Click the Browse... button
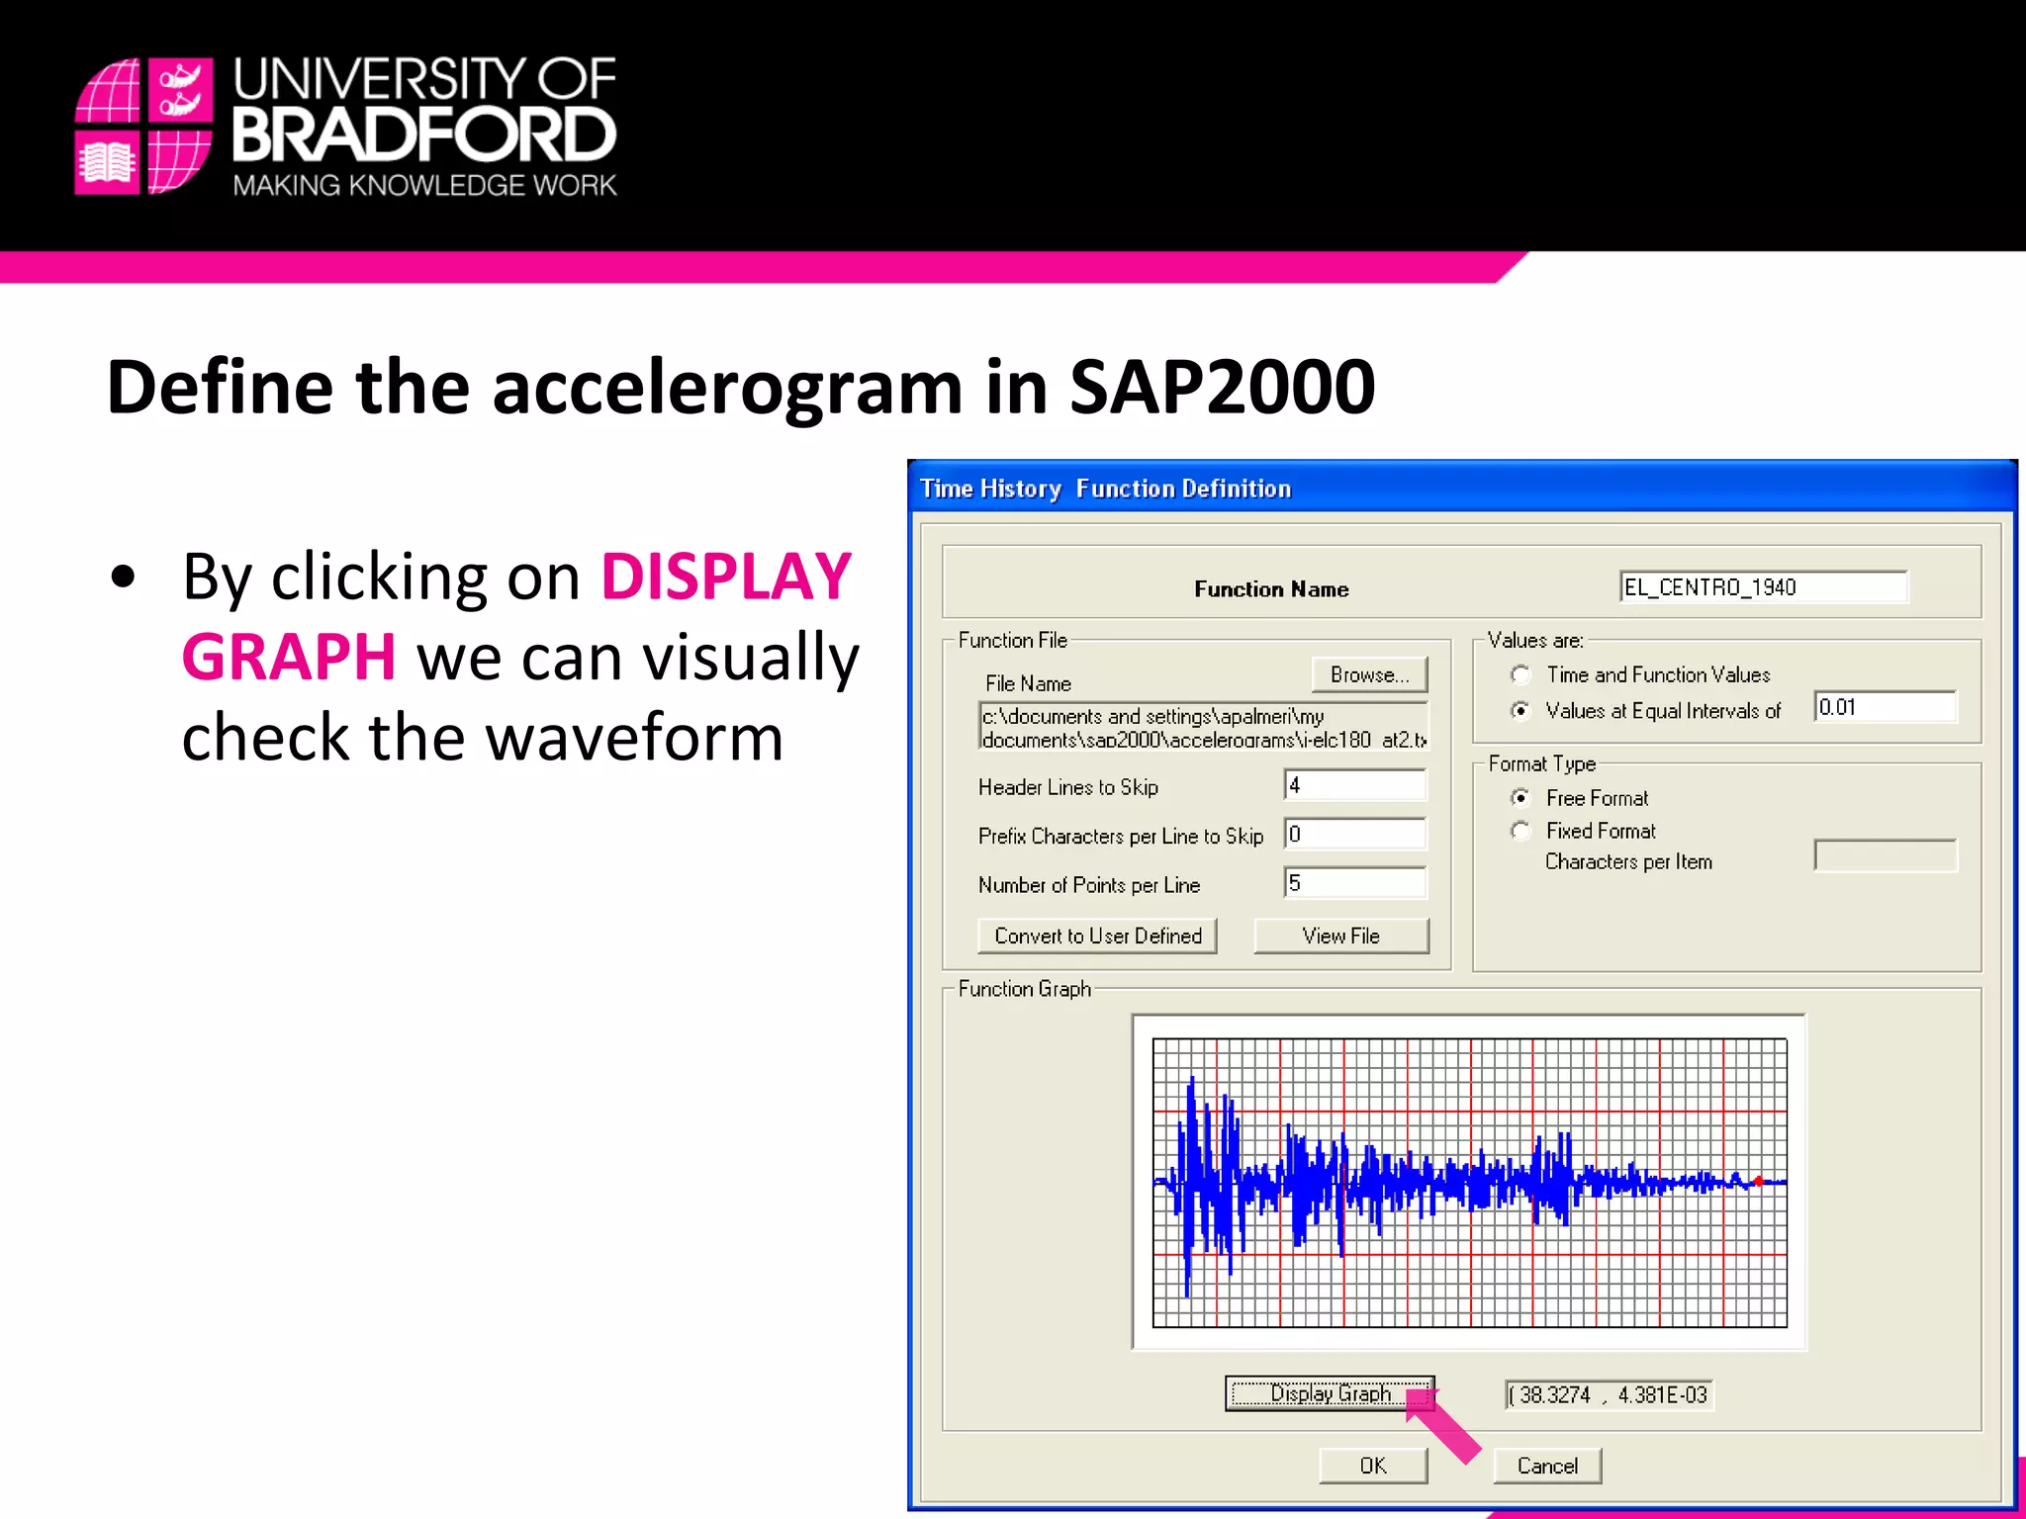click(x=1369, y=674)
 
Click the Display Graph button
click(x=1329, y=1393)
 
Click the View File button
click(x=1340, y=936)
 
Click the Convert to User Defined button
click(x=1097, y=936)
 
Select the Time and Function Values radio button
click(x=1521, y=674)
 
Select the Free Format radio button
click(x=1521, y=797)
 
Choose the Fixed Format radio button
click(x=1521, y=831)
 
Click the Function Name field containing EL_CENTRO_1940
click(x=1763, y=587)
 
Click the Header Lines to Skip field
click(x=1355, y=785)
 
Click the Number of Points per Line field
click(x=1355, y=883)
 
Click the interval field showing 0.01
click(x=1885, y=707)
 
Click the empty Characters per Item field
click(x=1885, y=856)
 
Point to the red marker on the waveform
click(x=1758, y=1181)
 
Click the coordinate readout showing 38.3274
click(x=1609, y=1394)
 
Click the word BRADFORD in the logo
click(x=424, y=134)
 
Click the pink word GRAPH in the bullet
click(x=289, y=658)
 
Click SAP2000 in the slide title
click(x=1222, y=387)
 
